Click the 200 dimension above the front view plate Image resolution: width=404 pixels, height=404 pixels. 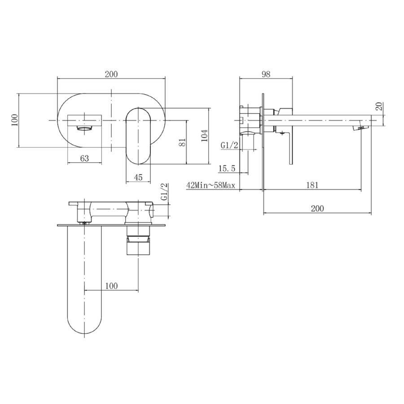point(111,74)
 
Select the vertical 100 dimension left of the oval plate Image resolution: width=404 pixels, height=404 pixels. point(14,120)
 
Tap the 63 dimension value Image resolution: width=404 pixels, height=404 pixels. point(84,158)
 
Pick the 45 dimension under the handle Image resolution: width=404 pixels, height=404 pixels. point(138,177)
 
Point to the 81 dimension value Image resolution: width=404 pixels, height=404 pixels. point(182,142)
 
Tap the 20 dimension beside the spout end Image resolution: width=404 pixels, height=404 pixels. point(379,107)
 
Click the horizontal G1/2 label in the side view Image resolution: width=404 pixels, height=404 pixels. point(229,145)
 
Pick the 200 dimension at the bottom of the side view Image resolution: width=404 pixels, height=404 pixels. point(317,208)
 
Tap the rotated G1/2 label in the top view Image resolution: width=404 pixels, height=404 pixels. point(164,192)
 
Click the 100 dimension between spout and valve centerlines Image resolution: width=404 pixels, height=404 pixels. point(111,286)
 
